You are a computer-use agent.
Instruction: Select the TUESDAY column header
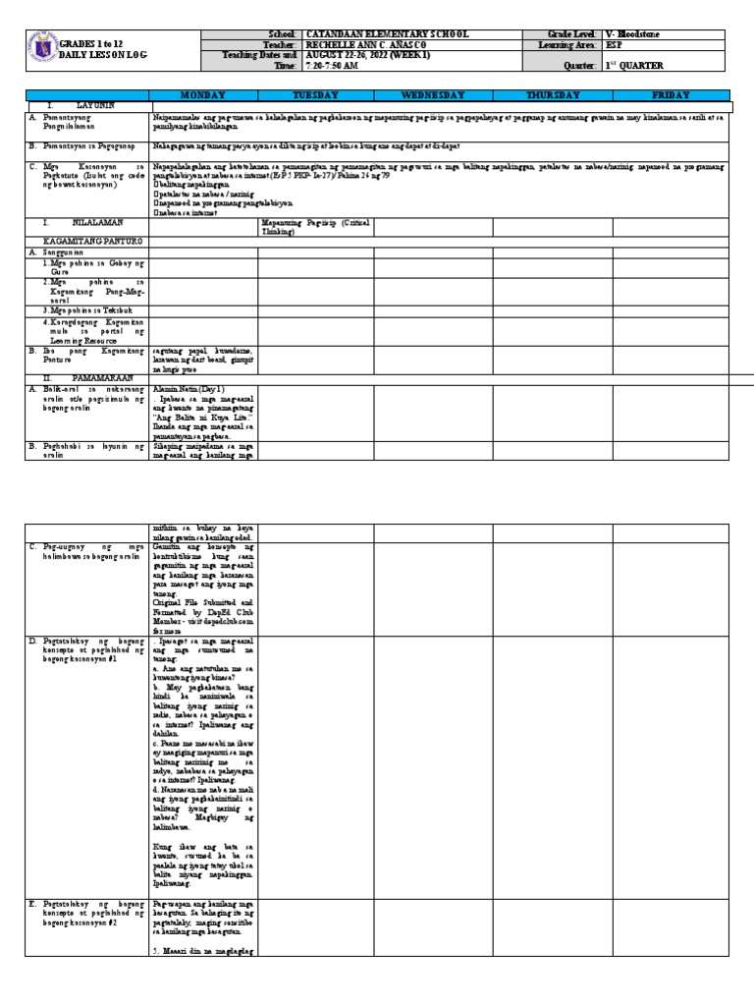point(316,95)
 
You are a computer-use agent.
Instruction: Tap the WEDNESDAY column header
point(433,95)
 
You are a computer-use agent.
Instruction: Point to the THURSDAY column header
point(554,95)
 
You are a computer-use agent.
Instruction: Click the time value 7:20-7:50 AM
point(338,66)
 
